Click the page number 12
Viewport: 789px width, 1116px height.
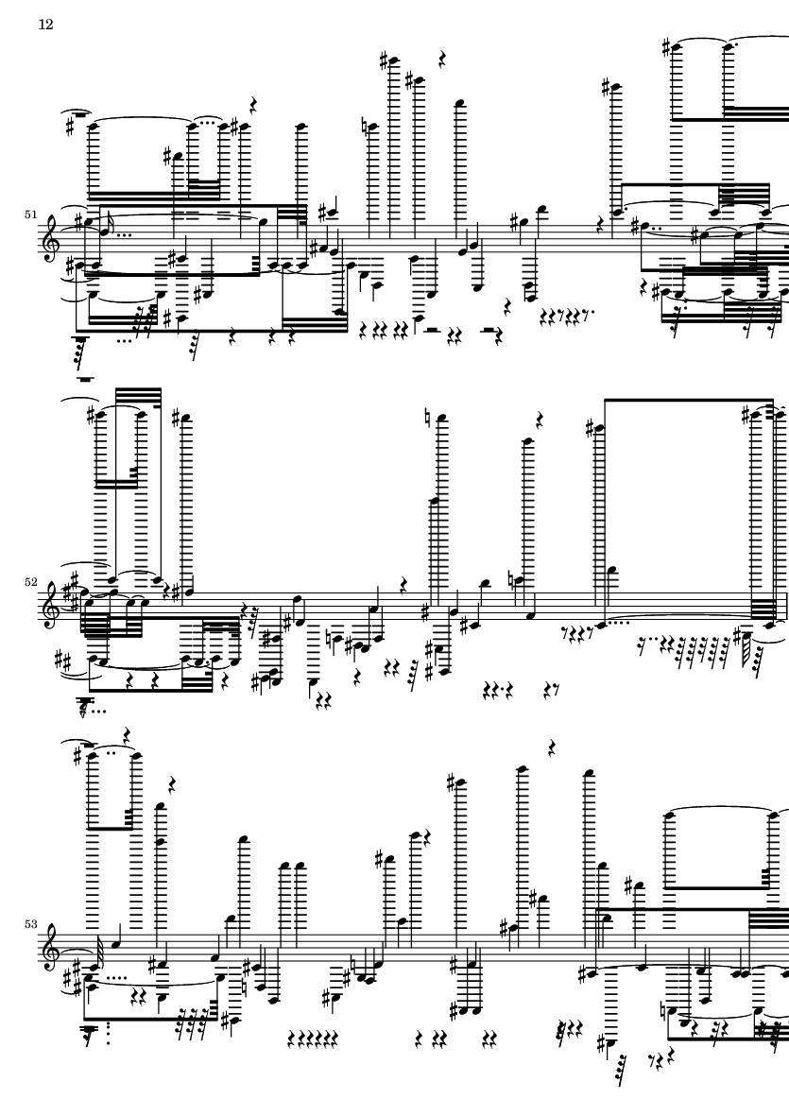pyautogui.click(x=45, y=25)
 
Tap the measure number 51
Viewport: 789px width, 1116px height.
pyautogui.click(x=30, y=215)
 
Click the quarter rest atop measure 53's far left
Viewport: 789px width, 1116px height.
pyautogui.click(x=127, y=735)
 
